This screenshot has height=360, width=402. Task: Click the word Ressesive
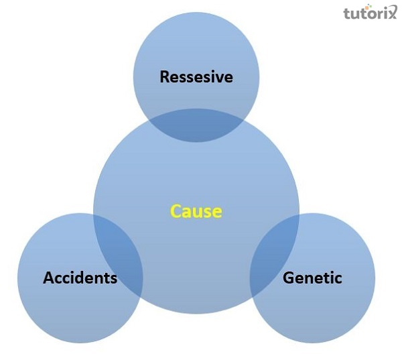click(x=196, y=77)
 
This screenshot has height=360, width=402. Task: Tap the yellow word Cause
click(x=196, y=212)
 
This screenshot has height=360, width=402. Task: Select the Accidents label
click(x=80, y=278)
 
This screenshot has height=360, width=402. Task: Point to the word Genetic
click(x=312, y=278)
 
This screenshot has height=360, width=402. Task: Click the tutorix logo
click(x=370, y=13)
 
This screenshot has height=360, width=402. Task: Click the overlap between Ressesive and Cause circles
click(x=196, y=125)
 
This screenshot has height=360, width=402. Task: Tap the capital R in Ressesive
click(x=165, y=77)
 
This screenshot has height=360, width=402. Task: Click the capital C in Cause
click(x=176, y=212)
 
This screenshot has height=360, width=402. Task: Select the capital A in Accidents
click(x=49, y=278)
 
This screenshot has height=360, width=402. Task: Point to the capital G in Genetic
click(x=289, y=278)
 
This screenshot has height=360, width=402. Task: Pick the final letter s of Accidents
click(x=113, y=279)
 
